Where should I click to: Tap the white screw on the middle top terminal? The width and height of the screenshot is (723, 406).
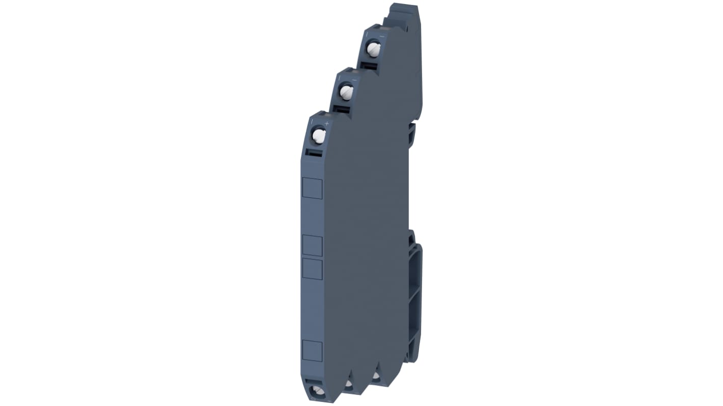pyautogui.click(x=347, y=92)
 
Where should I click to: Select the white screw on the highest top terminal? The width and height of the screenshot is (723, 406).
pyautogui.click(x=374, y=49)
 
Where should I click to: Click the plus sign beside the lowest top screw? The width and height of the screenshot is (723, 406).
pyautogui.click(x=327, y=124)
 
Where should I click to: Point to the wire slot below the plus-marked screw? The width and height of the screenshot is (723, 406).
pyautogui.click(x=314, y=153)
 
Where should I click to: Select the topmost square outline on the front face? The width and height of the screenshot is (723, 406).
pyautogui.click(x=312, y=188)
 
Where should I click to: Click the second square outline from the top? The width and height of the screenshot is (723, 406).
pyautogui.click(x=312, y=246)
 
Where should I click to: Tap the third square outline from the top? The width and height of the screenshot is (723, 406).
pyautogui.click(x=312, y=269)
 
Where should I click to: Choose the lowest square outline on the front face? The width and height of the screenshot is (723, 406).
pyautogui.click(x=312, y=351)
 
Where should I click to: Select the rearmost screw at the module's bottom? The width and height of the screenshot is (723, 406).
pyautogui.click(x=376, y=376)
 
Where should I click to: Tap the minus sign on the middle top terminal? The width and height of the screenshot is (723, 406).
pyautogui.click(x=354, y=80)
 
